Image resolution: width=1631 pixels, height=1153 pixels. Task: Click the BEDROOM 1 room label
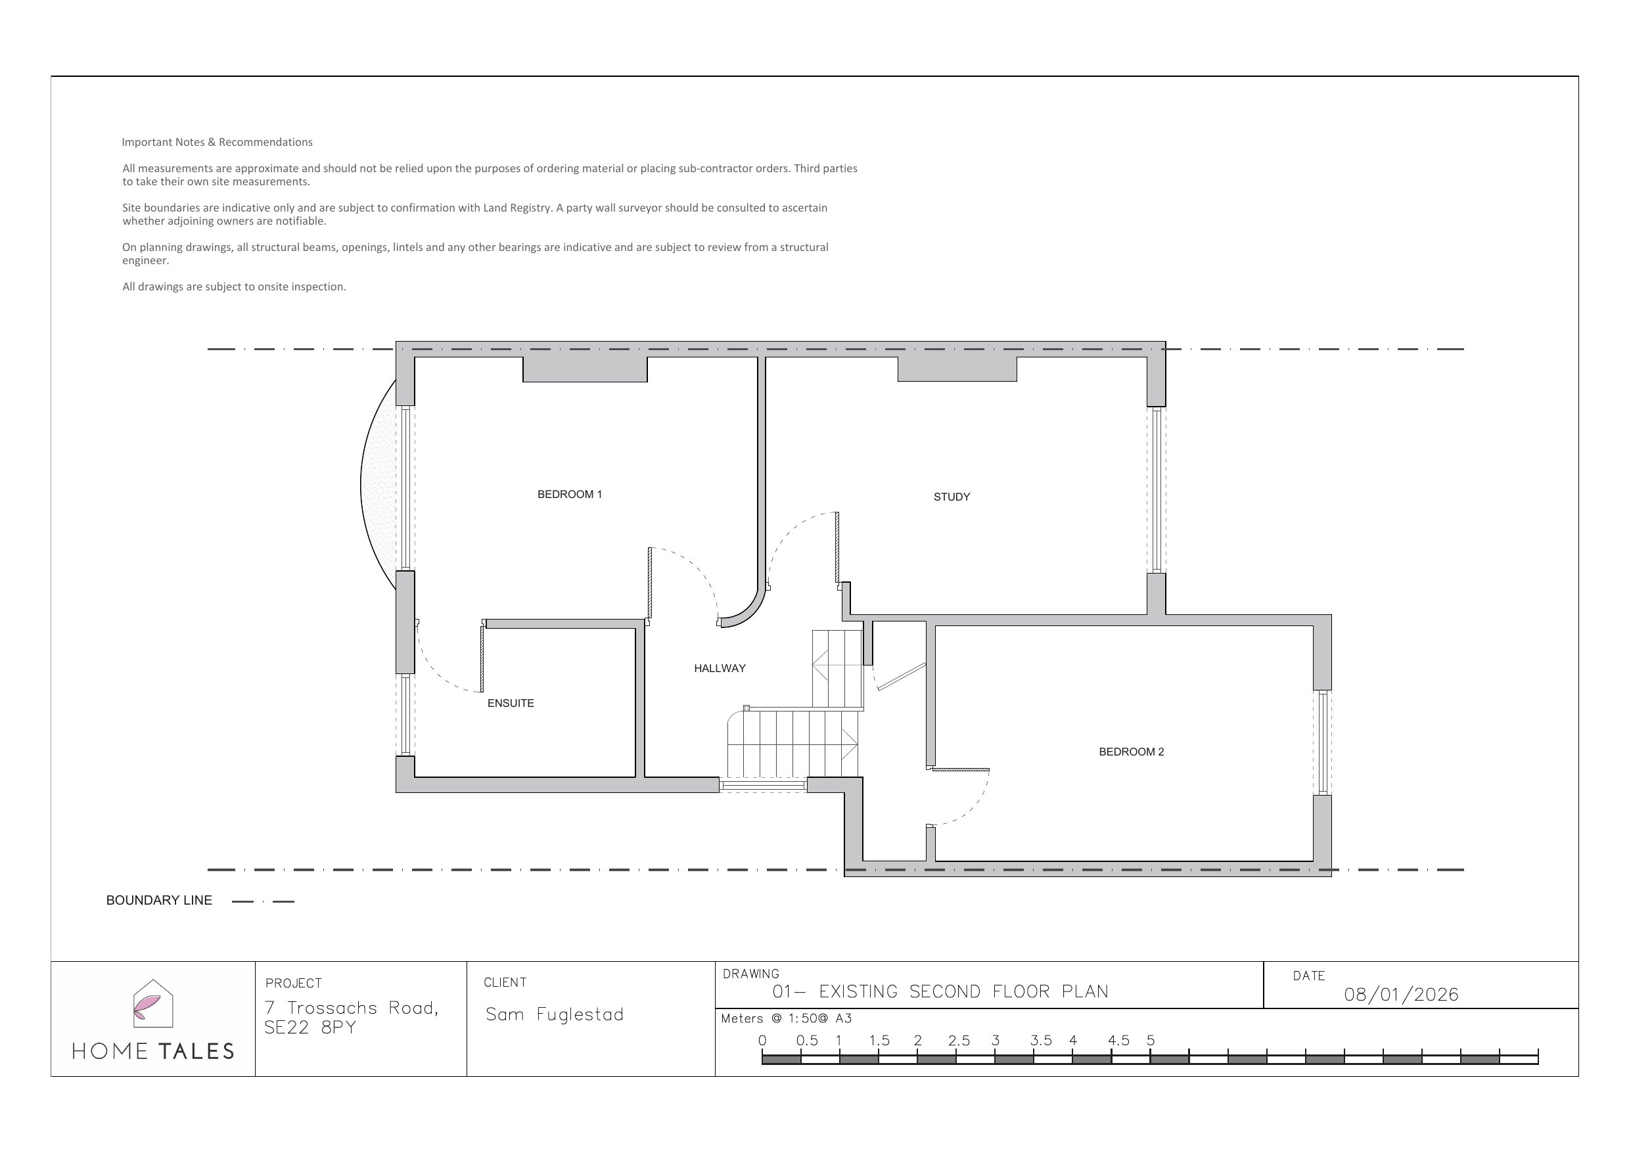pyautogui.click(x=570, y=495)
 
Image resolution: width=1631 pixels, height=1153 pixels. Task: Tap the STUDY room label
pyautogui.click(x=952, y=497)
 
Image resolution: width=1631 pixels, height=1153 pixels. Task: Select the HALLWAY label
pyautogui.click(x=720, y=669)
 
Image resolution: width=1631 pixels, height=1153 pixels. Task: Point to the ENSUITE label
pyautogui.click(x=510, y=704)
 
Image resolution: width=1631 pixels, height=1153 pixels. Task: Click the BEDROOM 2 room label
pyautogui.click(x=1132, y=752)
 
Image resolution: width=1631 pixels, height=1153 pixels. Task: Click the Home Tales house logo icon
pyautogui.click(x=153, y=1004)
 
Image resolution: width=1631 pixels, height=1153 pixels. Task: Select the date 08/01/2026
pyautogui.click(x=1402, y=995)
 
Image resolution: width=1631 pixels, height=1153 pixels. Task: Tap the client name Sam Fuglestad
pyautogui.click(x=554, y=1014)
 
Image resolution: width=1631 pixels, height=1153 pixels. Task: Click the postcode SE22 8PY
pyautogui.click(x=310, y=1028)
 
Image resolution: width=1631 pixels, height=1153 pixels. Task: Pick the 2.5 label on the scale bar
pyautogui.click(x=959, y=1041)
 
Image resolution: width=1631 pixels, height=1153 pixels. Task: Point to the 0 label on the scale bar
pyautogui.click(x=762, y=1041)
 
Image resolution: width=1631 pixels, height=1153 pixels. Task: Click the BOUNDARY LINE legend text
pyautogui.click(x=159, y=901)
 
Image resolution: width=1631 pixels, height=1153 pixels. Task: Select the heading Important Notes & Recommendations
pyautogui.click(x=218, y=142)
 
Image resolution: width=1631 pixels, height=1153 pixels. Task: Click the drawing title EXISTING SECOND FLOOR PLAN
pyautogui.click(x=964, y=992)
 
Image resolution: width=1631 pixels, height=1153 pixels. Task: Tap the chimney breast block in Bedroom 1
pyautogui.click(x=585, y=369)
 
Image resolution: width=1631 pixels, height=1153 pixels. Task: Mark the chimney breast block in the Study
pyautogui.click(x=957, y=369)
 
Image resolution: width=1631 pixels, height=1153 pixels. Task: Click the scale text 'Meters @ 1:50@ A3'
pyautogui.click(x=787, y=1019)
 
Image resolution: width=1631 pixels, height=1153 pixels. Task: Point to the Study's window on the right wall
pyautogui.click(x=1157, y=490)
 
